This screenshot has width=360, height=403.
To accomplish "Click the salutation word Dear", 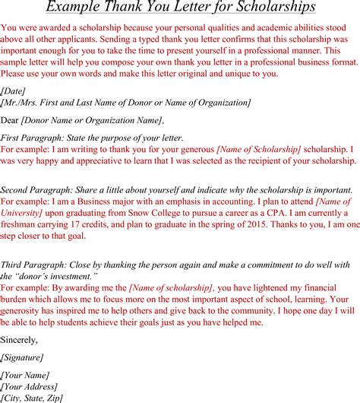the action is click(x=10, y=119).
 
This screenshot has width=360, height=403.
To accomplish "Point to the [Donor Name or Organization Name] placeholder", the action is click(x=91, y=119).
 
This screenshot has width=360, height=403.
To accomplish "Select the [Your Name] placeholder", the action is click(x=26, y=375).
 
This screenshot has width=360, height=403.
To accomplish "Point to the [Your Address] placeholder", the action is click(x=31, y=386).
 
